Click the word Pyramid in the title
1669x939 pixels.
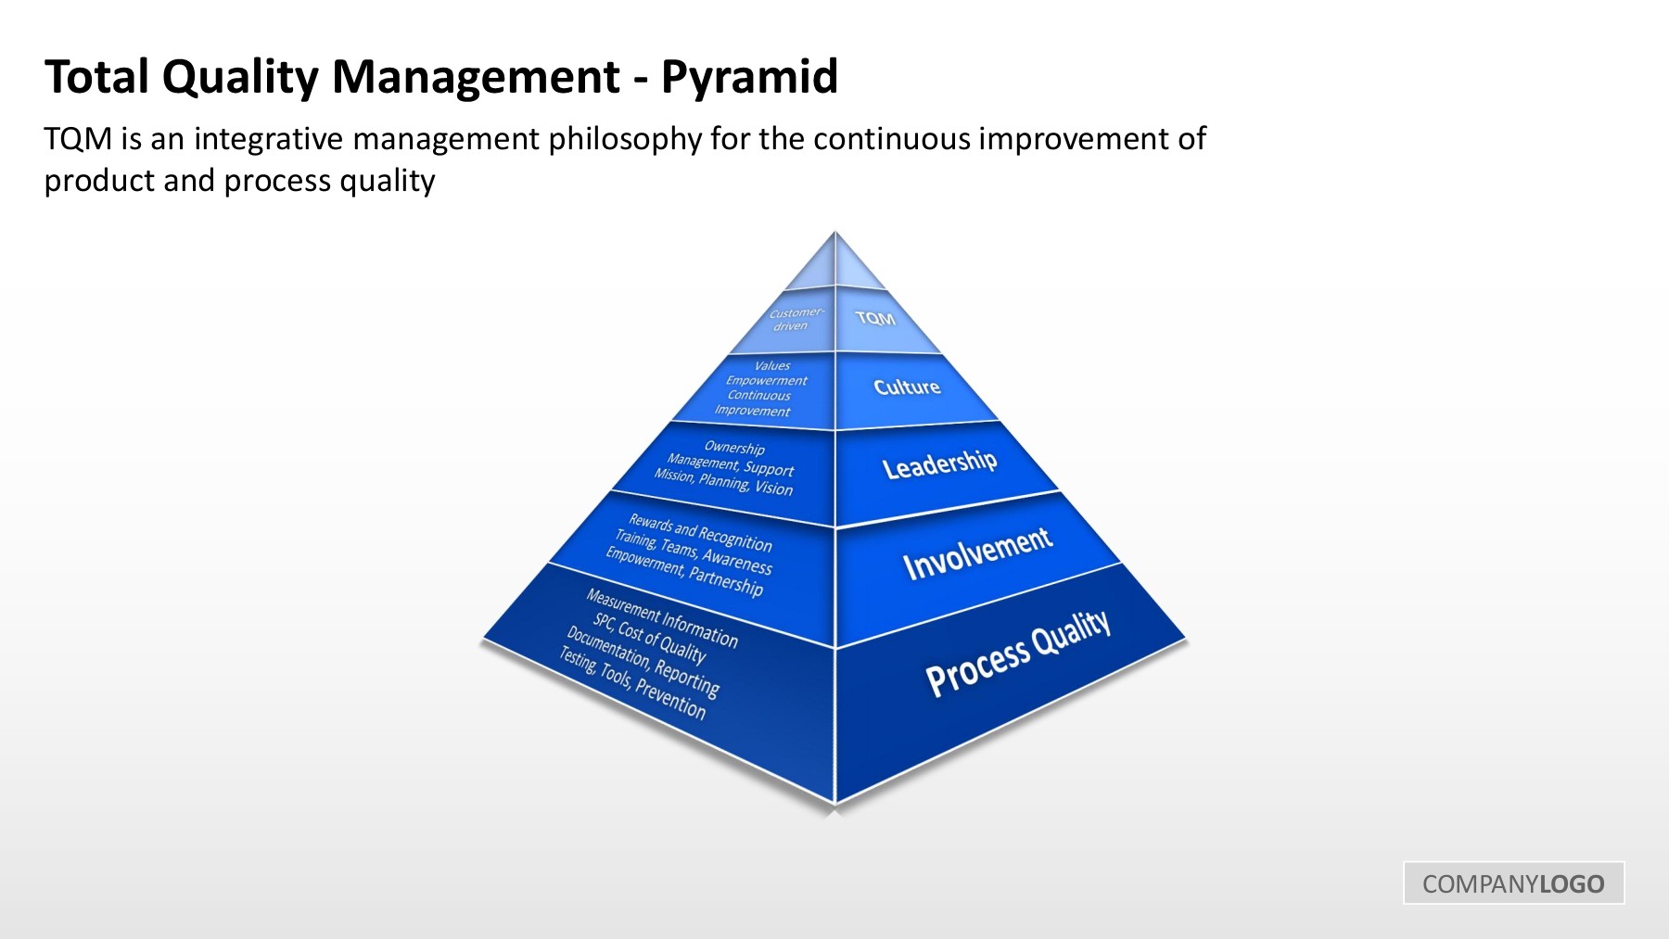click(749, 78)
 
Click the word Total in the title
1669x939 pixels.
click(97, 76)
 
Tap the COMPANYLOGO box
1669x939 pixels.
click(1513, 882)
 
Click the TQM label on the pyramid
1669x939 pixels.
click(875, 318)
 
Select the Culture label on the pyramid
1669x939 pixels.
click(907, 387)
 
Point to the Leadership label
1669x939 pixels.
click(939, 463)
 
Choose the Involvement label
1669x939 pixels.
click(977, 553)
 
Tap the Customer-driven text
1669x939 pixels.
click(795, 319)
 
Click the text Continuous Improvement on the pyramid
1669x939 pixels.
click(757, 403)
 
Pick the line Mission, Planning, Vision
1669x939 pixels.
click(723, 482)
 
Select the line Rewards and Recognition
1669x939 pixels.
click(700, 532)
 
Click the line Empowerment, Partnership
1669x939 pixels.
click(684, 572)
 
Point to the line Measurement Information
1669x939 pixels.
click(662, 618)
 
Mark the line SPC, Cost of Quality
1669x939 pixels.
click(650, 638)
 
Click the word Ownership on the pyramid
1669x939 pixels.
click(734, 448)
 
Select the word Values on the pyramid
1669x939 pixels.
click(772, 366)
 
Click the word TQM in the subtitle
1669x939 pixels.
click(79, 140)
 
